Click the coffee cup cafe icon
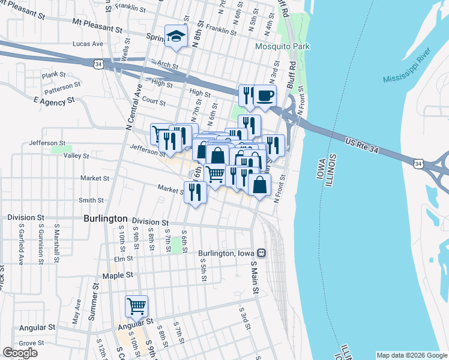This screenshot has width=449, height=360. [265, 95]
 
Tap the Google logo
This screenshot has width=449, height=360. [20, 352]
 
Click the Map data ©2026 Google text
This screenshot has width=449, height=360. [411, 355]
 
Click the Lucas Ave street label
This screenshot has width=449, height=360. [88, 44]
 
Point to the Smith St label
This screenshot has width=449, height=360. [91, 200]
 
